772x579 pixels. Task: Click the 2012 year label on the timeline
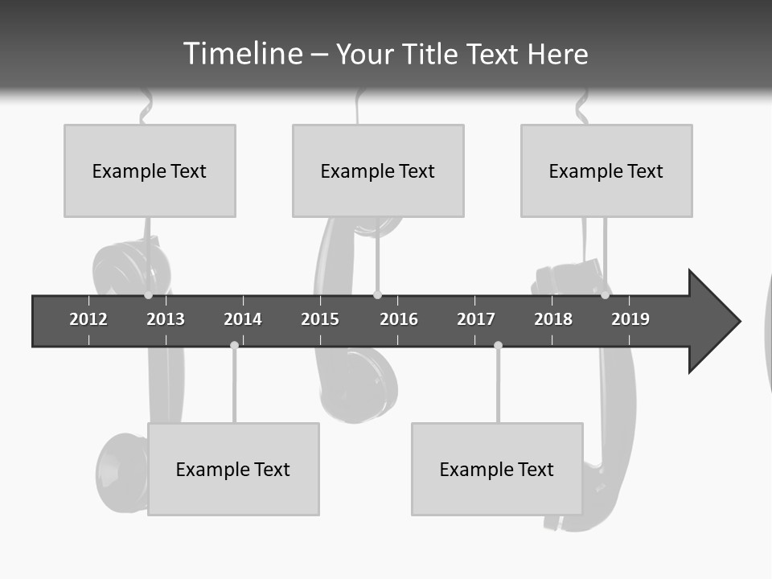tap(88, 319)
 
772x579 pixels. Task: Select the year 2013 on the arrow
tap(166, 319)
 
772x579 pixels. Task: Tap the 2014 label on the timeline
tap(243, 319)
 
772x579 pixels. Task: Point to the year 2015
tap(320, 319)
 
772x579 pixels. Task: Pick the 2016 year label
tap(399, 319)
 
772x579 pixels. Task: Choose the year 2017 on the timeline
tap(476, 319)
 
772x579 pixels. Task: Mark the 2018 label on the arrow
tap(553, 319)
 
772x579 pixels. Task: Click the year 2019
tap(630, 319)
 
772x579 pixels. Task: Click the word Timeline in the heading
tap(241, 54)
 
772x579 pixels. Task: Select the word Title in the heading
tap(431, 54)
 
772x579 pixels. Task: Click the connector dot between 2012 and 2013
tap(148, 295)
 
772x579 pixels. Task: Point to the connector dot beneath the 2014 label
tap(234, 345)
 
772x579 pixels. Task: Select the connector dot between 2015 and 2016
tap(377, 295)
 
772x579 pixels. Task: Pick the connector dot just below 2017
tap(498, 345)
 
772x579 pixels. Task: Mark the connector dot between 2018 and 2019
tap(605, 295)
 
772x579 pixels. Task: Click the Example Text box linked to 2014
tap(233, 469)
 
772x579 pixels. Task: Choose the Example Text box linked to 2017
tap(497, 469)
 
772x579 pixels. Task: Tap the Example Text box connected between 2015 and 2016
tap(378, 170)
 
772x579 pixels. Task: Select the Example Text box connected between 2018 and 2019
tap(606, 170)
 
